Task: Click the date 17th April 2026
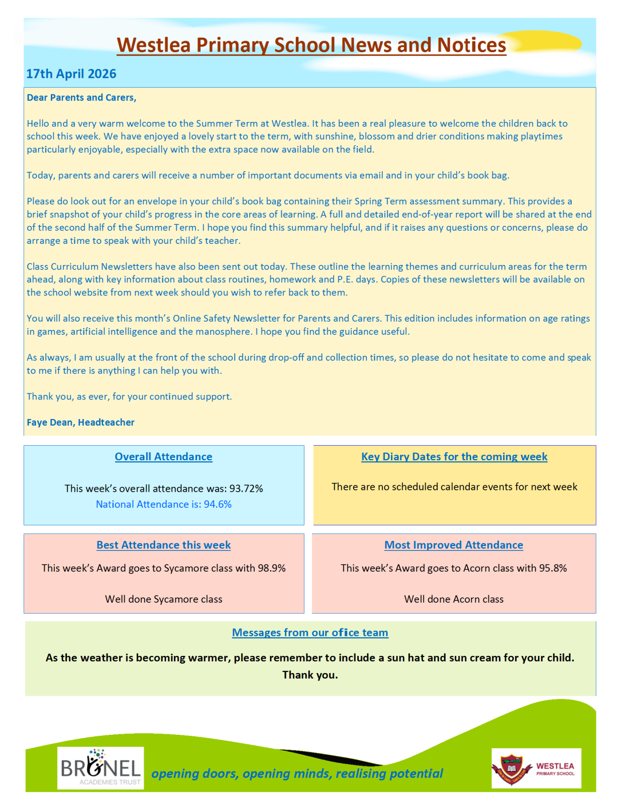click(x=71, y=74)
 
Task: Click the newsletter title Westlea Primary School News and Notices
click(x=311, y=45)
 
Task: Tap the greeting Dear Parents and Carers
click(x=81, y=97)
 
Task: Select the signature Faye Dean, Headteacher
click(x=80, y=422)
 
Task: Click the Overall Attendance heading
click(x=163, y=457)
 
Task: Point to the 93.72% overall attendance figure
click(x=246, y=488)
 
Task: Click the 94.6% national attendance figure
click(x=218, y=504)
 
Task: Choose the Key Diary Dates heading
click(x=454, y=457)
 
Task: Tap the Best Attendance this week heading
click(x=163, y=545)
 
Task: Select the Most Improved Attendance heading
click(x=454, y=545)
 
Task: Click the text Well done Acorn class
click(x=454, y=599)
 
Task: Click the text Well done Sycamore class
click(x=163, y=599)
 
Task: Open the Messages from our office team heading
click(x=310, y=633)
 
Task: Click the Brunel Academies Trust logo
click(x=100, y=768)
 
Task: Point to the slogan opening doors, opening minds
click(x=297, y=773)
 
